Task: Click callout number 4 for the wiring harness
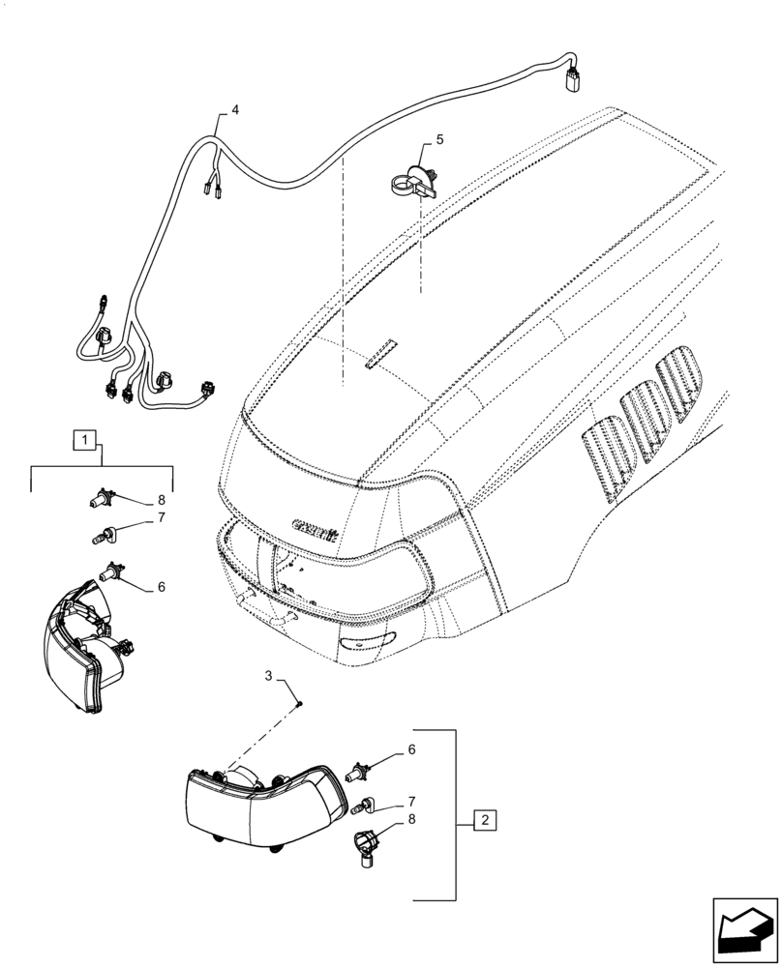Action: (x=234, y=110)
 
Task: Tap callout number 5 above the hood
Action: (x=439, y=140)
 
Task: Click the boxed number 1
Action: (x=86, y=442)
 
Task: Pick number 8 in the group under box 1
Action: (x=162, y=500)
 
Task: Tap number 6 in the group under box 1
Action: (x=162, y=586)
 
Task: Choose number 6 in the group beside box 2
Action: (x=411, y=748)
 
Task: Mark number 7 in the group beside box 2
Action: (x=411, y=802)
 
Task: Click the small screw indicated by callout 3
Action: (x=299, y=703)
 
